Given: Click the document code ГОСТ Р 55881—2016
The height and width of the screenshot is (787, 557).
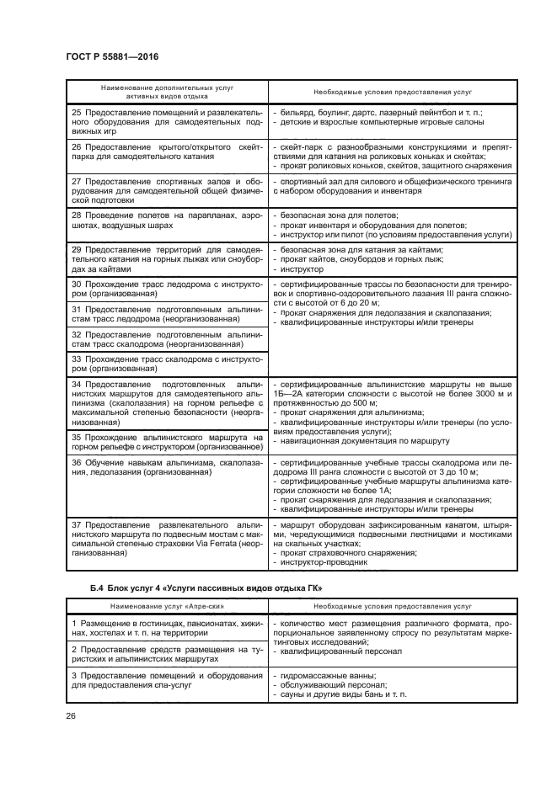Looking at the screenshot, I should pyautogui.click(x=112, y=56).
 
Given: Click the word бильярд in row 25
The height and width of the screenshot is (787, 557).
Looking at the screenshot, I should pyautogui.click(x=295, y=112).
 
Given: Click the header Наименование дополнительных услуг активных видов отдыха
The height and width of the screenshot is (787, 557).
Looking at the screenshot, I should pyautogui.click(x=168, y=92).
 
